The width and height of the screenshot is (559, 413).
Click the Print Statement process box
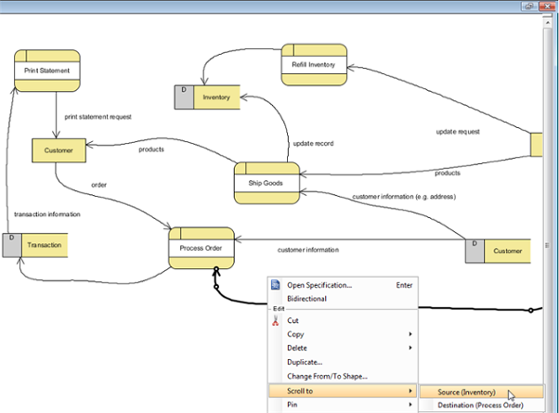[47, 71]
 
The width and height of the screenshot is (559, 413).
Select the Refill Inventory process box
[314, 65]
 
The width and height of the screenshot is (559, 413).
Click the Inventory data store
[207, 97]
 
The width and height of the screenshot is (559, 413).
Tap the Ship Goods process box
[266, 183]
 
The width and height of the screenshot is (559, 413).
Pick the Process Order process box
[201, 248]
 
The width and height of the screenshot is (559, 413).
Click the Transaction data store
[35, 245]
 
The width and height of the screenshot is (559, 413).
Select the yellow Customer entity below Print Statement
[58, 150]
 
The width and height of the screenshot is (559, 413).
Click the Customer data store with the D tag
[498, 252]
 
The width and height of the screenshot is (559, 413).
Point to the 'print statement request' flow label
[98, 117]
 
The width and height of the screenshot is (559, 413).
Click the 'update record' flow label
[313, 144]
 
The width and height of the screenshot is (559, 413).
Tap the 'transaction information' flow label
[47, 214]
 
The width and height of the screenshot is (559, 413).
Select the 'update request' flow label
[458, 132]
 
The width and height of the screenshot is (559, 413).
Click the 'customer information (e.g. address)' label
[404, 197]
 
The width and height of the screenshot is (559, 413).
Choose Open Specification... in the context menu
[319, 285]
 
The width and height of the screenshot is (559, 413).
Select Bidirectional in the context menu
[307, 299]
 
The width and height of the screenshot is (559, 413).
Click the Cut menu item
[292, 320]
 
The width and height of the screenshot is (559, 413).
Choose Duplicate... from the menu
[305, 362]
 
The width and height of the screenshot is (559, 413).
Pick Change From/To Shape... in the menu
[327, 376]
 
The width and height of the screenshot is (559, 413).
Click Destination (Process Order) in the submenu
[481, 406]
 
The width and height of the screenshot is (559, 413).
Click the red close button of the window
[547, 6]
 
